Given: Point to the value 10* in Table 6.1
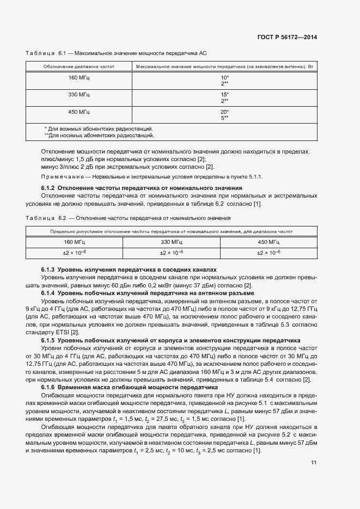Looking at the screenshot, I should coord(224,78).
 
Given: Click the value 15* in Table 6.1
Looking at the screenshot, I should coord(224,95).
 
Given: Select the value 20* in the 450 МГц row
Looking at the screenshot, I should coord(224,112).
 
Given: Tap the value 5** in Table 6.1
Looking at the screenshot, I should coord(224,118).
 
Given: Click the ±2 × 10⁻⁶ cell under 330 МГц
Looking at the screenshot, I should coord(171,253).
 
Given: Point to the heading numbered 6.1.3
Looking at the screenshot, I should coord(129,269).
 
